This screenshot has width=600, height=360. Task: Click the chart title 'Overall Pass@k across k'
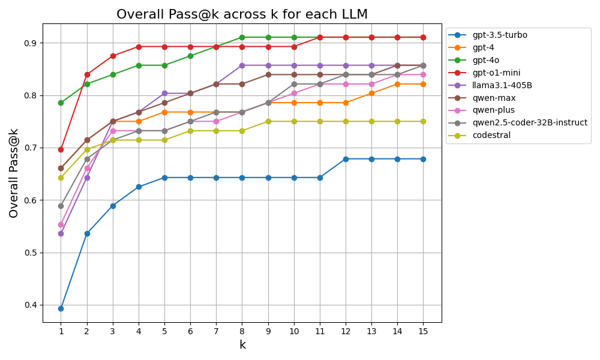coord(242,14)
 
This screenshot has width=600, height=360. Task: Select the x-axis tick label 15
coord(423,331)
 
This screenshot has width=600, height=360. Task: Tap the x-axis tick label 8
coord(242,331)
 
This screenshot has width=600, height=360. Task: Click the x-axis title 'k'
coord(242,345)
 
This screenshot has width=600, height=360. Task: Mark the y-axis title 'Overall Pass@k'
coord(14,173)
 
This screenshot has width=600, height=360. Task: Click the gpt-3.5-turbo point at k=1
coord(61,308)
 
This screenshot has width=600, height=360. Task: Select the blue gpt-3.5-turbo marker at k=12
coord(346,159)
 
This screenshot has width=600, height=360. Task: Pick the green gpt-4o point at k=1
coord(61,103)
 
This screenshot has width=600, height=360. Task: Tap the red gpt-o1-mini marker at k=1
coord(61,149)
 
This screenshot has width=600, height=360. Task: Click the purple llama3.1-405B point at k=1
coord(61,233)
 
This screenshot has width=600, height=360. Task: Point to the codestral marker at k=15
coord(423,121)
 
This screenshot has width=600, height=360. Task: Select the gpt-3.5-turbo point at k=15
coord(423,159)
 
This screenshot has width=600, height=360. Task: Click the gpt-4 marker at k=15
coord(423,84)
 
